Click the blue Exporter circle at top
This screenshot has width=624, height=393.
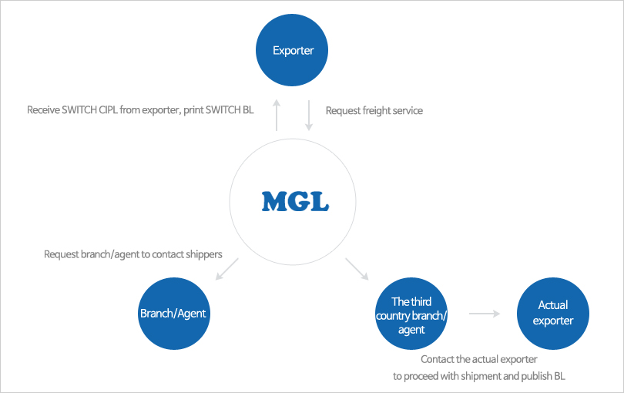coord(293,51)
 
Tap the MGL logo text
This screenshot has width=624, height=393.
coord(295,201)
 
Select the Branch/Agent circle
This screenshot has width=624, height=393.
coord(173,314)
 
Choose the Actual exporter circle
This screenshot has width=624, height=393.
coord(553,314)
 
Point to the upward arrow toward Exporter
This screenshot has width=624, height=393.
coord(277,115)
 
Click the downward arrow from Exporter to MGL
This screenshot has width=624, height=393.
coord(308,115)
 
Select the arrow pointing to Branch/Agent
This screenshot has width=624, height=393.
coord(227,269)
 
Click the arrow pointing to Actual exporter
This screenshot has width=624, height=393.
coord(485,314)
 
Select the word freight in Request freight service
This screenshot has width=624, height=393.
coord(373,111)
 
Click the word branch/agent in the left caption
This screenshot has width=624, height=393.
coord(109,254)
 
